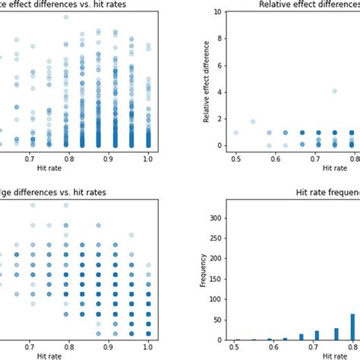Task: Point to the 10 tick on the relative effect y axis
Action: click(x=220, y=13)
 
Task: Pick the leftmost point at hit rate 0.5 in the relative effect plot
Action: click(x=236, y=132)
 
